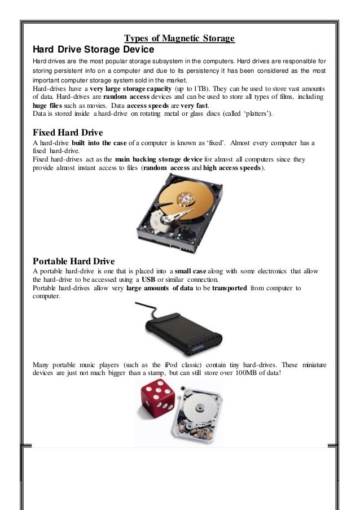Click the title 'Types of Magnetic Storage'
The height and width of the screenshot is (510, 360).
click(179, 38)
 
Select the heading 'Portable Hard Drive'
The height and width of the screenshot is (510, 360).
click(74, 261)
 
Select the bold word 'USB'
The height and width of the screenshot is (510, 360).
click(148, 280)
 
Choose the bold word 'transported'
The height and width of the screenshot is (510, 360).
click(230, 288)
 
